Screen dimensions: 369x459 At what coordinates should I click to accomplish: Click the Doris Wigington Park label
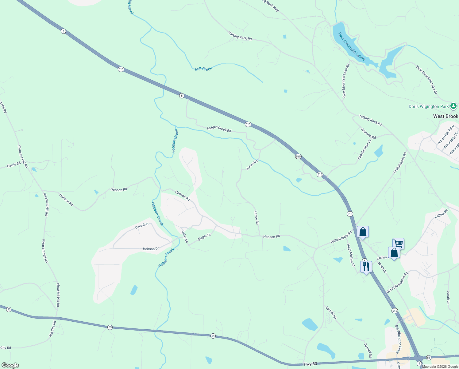(x=429, y=107)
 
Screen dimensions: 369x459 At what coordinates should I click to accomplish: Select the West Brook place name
(x=445, y=116)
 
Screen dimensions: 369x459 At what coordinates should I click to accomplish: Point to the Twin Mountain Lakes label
(x=352, y=46)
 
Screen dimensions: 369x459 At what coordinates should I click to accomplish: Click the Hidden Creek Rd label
(x=219, y=129)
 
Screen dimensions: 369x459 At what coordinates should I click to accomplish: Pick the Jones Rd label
(x=252, y=165)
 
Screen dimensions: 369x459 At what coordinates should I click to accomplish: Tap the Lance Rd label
(x=256, y=217)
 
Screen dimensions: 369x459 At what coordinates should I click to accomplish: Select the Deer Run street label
(x=142, y=226)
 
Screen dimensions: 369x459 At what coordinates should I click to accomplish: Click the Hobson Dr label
(x=151, y=249)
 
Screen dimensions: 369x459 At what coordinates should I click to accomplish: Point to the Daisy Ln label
(x=185, y=237)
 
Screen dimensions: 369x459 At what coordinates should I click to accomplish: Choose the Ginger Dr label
(x=204, y=237)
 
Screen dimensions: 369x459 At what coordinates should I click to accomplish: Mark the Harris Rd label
(x=14, y=165)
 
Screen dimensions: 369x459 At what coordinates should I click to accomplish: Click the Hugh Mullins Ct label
(x=351, y=255)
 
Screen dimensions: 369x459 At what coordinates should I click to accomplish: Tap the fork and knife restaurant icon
(x=366, y=266)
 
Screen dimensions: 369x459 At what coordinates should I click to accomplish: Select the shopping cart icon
(x=398, y=243)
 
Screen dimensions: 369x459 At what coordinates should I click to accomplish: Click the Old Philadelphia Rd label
(x=397, y=283)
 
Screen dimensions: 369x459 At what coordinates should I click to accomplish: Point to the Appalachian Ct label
(x=364, y=149)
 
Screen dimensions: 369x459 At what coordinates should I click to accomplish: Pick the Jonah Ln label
(x=448, y=297)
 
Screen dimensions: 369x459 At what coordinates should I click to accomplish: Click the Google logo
(x=10, y=365)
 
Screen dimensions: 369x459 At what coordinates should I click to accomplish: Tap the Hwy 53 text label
(x=310, y=364)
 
